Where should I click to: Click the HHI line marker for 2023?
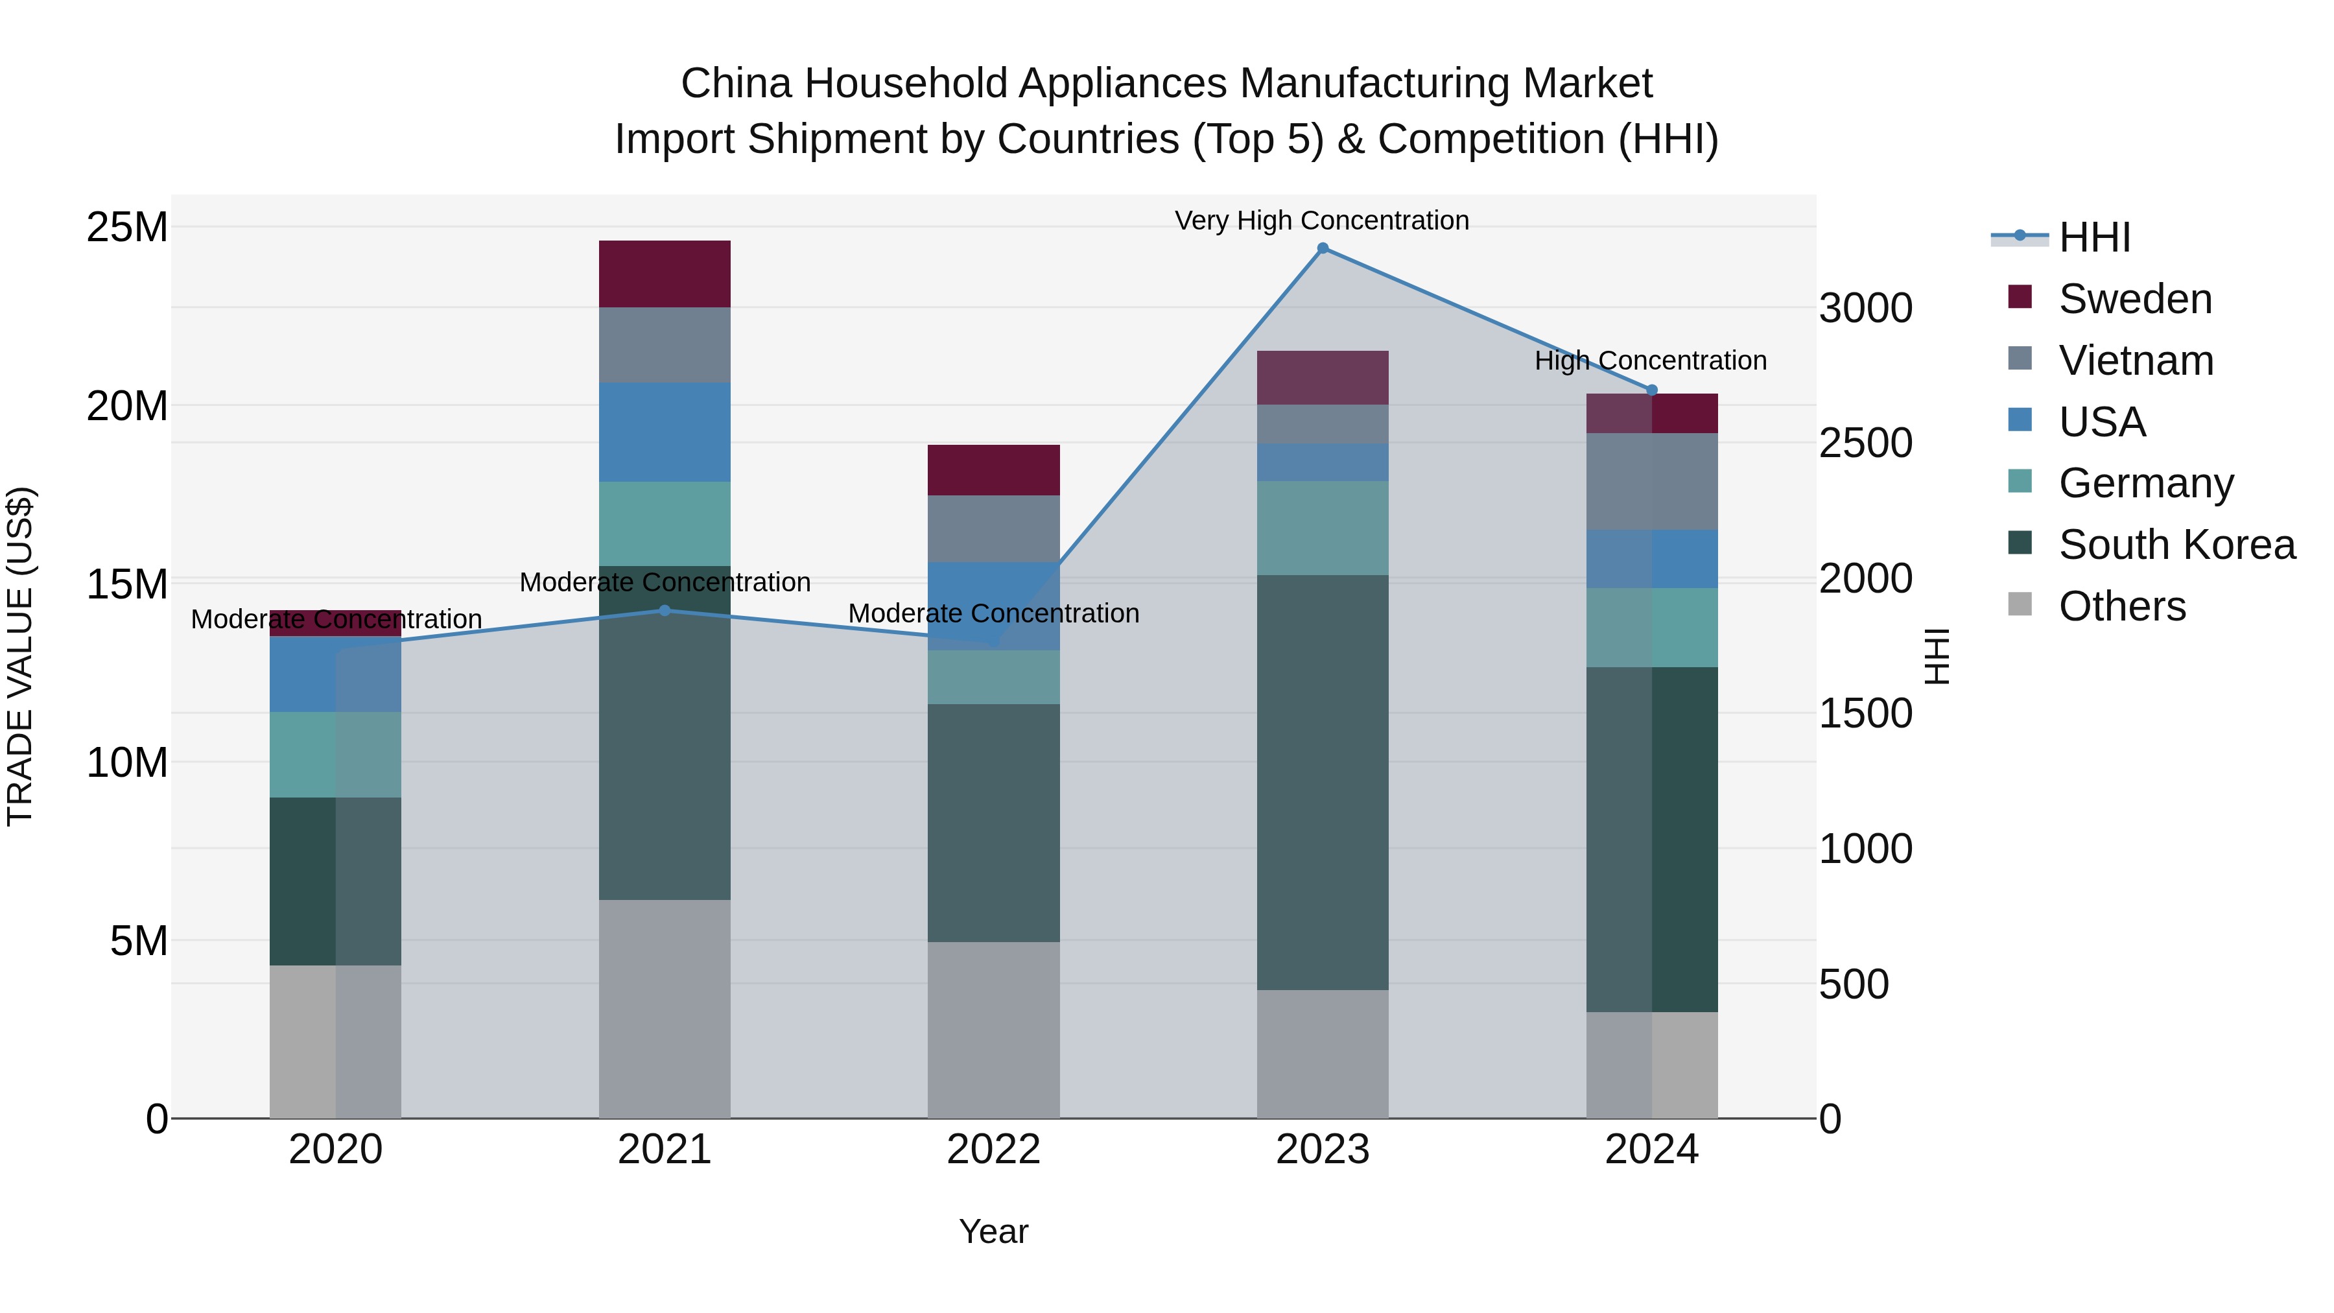1322,248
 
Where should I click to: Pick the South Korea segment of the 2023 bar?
1322,781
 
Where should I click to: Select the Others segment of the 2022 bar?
993,1030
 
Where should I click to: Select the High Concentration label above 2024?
1650,361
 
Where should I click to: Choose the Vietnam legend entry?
2135,361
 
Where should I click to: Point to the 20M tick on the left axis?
127,406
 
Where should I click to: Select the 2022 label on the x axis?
993,1150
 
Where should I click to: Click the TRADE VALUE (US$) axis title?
20,656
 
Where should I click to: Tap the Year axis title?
993,1231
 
